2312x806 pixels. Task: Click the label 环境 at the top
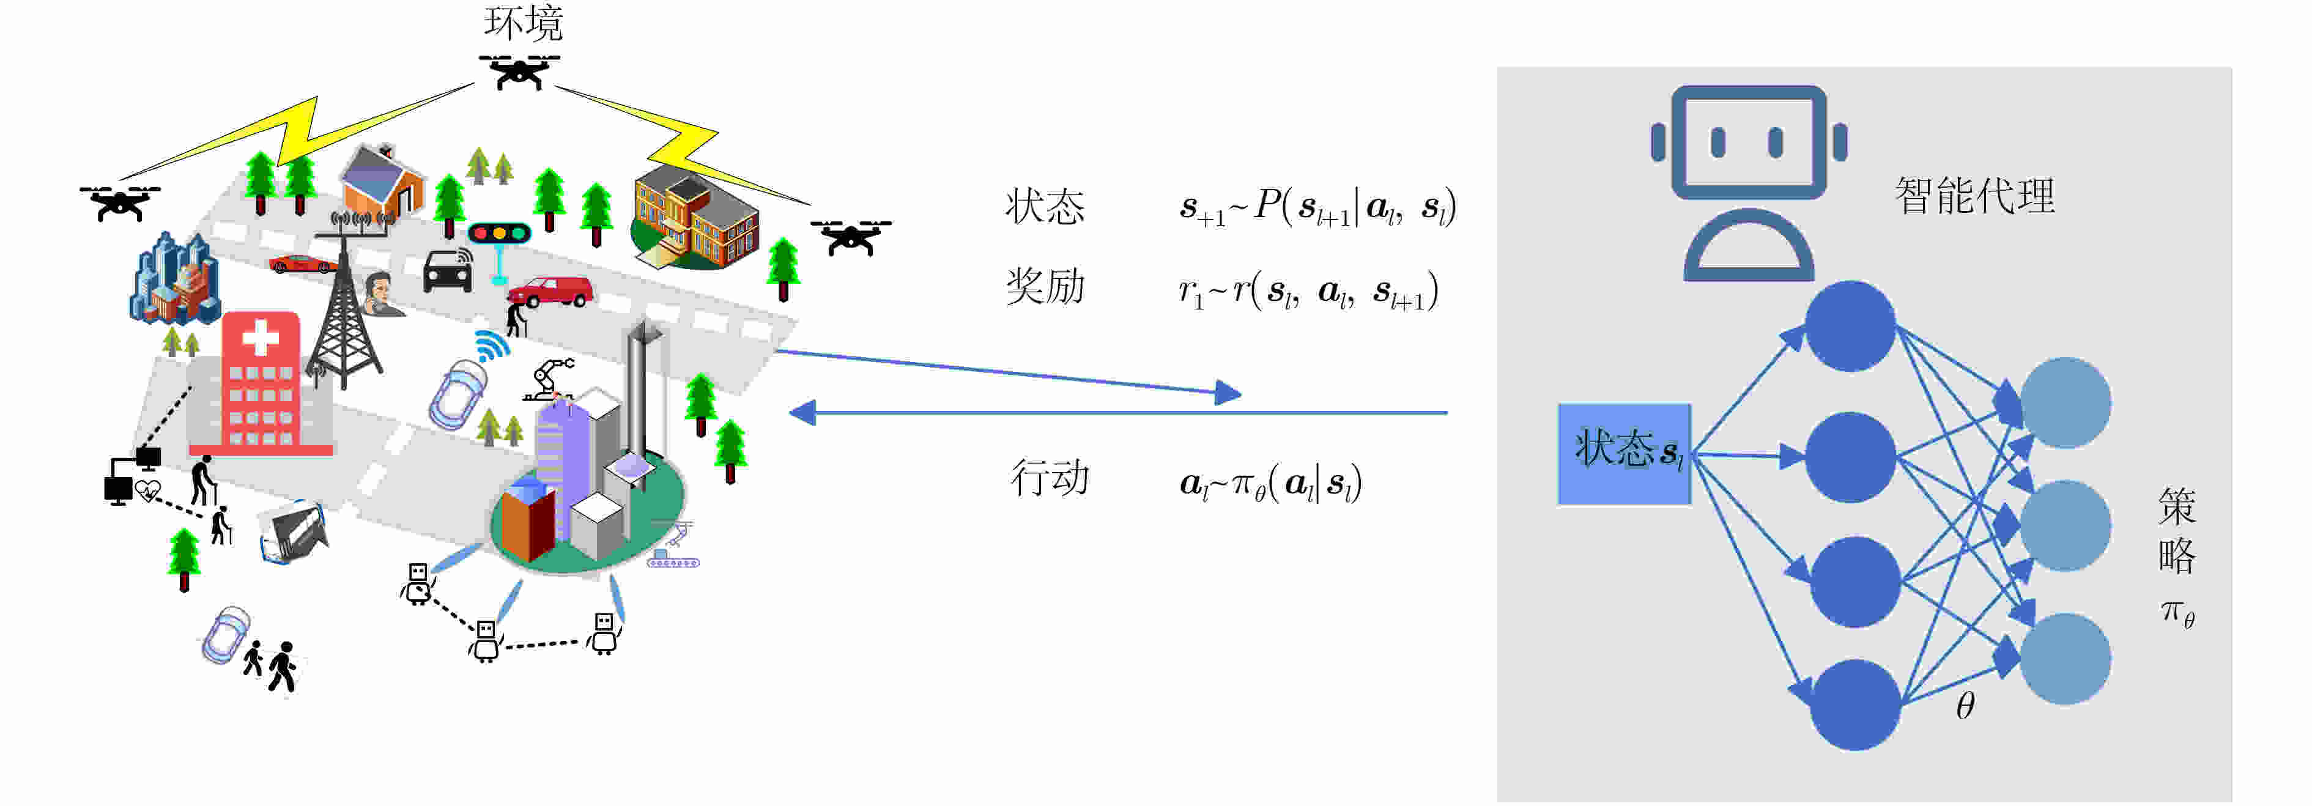point(523,23)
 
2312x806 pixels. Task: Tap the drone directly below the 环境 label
point(519,72)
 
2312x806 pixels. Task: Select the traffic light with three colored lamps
point(499,234)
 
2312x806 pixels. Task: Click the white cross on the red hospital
point(261,338)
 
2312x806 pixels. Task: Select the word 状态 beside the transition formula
point(1045,207)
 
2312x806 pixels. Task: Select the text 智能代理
point(1974,196)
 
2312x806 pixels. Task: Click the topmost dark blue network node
point(1850,326)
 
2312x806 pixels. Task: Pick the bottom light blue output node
point(2064,659)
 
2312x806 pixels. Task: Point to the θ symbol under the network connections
point(1965,706)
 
